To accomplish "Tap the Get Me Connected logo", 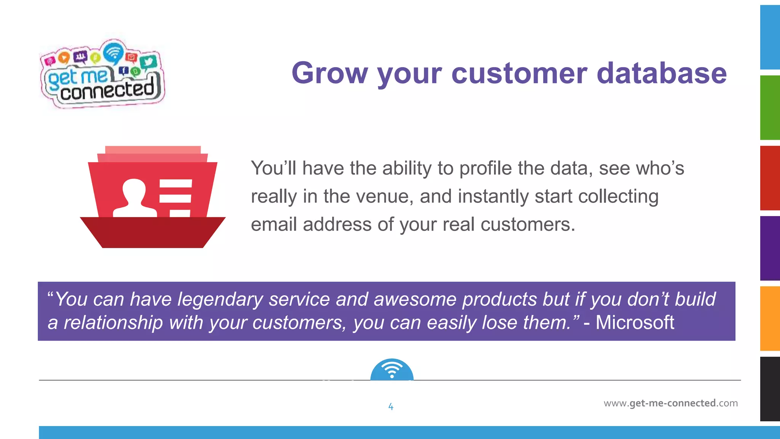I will click(x=102, y=74).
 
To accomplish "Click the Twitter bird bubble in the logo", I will click(x=148, y=61).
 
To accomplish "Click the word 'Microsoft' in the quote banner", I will click(x=635, y=322).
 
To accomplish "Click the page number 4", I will click(x=391, y=407).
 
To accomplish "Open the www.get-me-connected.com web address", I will click(x=670, y=403).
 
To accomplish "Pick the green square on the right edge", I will click(x=770, y=108).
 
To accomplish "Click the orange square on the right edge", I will click(x=770, y=319).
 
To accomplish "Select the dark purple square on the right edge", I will click(x=770, y=248).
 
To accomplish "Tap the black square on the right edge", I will click(x=770, y=389).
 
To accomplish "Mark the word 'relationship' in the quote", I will click(x=113, y=323).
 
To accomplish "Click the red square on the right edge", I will click(x=770, y=178).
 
